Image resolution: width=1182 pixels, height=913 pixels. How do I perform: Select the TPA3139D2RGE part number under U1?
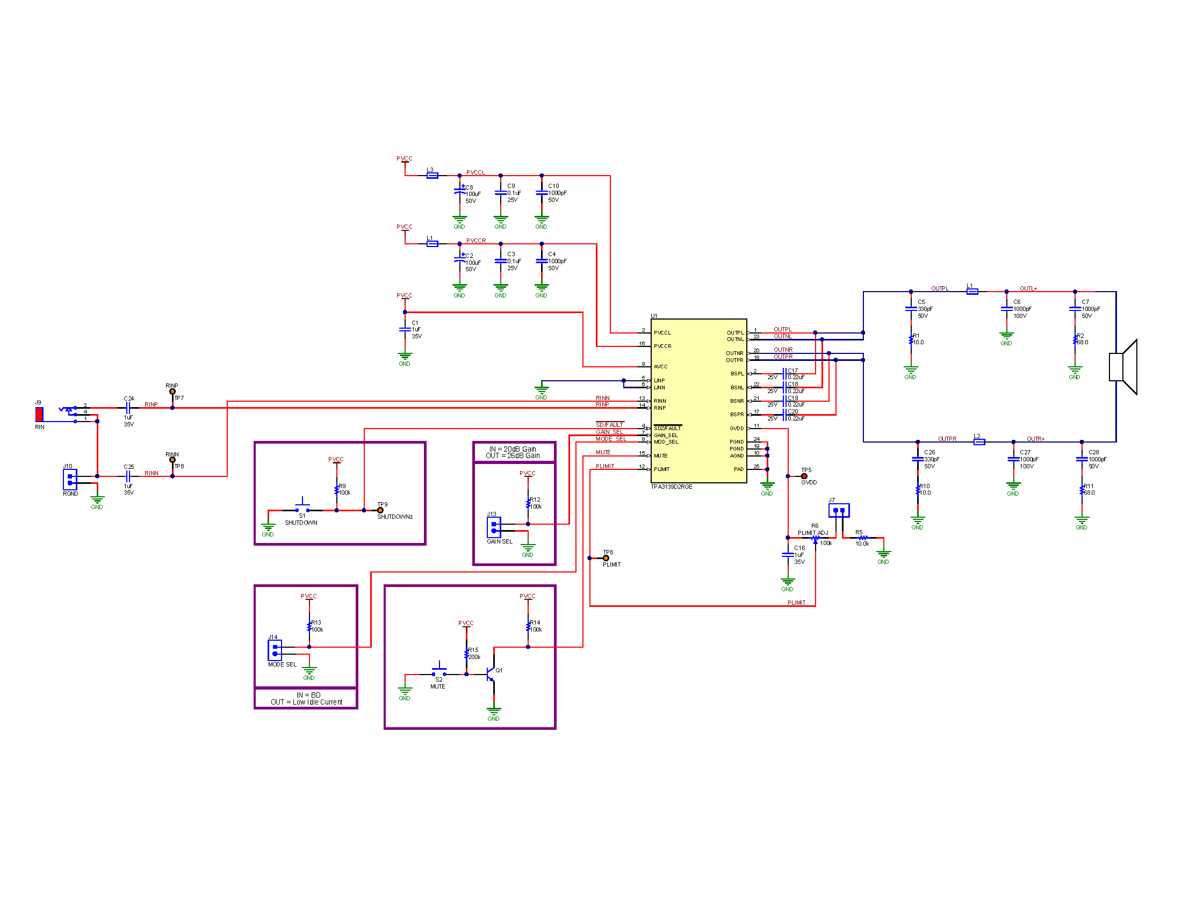(x=671, y=487)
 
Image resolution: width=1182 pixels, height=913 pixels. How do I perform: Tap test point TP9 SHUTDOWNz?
(x=380, y=510)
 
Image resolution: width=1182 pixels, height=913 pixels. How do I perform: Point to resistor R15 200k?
(x=466, y=654)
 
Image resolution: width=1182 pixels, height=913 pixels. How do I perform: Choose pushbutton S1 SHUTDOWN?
(x=302, y=509)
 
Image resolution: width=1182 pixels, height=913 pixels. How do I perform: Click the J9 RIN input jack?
(x=40, y=414)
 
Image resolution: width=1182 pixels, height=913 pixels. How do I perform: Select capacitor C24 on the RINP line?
(x=128, y=408)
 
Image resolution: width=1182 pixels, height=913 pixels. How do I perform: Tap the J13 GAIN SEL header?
(x=494, y=527)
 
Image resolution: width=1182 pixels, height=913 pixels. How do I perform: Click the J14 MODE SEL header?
(x=275, y=650)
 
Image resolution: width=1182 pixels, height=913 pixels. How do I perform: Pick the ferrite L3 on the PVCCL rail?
(x=432, y=176)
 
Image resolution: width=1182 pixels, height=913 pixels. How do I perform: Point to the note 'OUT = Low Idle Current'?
(x=306, y=702)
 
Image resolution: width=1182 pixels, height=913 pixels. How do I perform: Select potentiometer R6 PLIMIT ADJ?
(x=815, y=538)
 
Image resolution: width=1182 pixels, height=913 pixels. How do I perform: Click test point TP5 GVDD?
(x=804, y=476)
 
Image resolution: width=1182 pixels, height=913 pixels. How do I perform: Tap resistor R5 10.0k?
(x=863, y=538)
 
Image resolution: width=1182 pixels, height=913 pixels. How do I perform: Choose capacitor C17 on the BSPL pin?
(x=784, y=374)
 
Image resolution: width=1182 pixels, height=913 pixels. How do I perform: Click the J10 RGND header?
(x=70, y=480)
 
